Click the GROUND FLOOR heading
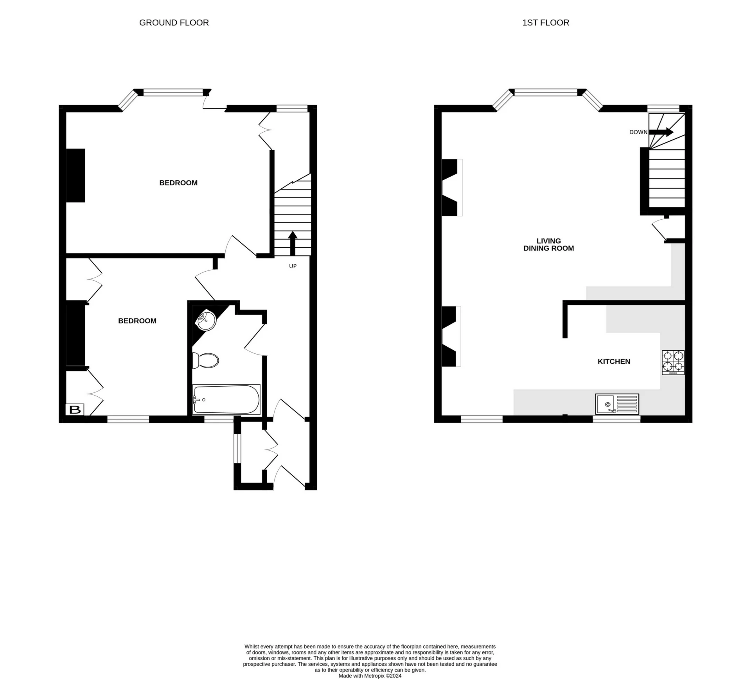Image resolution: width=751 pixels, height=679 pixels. point(174,23)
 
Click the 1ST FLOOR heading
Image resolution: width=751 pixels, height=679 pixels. point(545,23)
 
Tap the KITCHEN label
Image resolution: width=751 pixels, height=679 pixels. point(613,362)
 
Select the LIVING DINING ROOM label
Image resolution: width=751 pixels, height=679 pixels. point(548,245)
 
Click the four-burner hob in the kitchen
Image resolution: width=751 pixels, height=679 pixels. point(673,362)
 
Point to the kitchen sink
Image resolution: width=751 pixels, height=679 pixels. point(617,404)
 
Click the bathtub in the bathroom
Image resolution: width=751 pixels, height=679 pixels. point(226,400)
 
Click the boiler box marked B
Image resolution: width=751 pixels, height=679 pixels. point(74,410)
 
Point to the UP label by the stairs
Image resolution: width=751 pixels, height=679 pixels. point(293,266)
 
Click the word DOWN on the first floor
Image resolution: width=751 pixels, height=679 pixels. point(638,132)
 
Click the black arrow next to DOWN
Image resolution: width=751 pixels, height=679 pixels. point(661,132)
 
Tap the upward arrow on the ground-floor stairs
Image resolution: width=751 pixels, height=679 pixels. point(293,242)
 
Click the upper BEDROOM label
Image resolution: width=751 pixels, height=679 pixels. point(178,183)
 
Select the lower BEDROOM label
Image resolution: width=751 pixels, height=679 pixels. point(137,321)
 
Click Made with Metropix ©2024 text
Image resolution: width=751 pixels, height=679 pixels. point(370,675)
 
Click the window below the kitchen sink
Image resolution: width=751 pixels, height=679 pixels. point(616,419)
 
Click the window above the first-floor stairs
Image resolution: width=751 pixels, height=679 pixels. point(663,109)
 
